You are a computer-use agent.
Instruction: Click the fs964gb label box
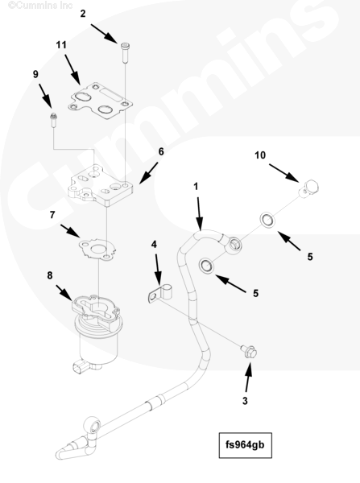246,445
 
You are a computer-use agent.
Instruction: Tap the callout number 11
61,45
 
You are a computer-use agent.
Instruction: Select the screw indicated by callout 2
125,52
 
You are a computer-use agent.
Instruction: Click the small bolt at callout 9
54,121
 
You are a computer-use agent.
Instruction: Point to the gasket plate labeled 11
100,101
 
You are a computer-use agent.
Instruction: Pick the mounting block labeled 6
101,186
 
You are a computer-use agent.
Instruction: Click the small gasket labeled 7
97,249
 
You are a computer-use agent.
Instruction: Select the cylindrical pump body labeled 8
96,331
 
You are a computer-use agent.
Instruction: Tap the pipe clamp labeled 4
159,293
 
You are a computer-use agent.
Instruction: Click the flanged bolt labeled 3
249,352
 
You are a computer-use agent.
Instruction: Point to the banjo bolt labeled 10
308,188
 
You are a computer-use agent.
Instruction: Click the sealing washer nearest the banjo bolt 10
267,221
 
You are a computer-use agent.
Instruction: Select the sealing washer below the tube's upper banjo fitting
206,266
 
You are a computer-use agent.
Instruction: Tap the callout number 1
196,187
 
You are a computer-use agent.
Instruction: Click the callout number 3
245,401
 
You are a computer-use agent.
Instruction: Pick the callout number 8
50,275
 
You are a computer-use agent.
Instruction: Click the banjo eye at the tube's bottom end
92,427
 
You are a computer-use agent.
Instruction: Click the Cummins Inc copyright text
40,6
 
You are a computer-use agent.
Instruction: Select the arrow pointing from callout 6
148,173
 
